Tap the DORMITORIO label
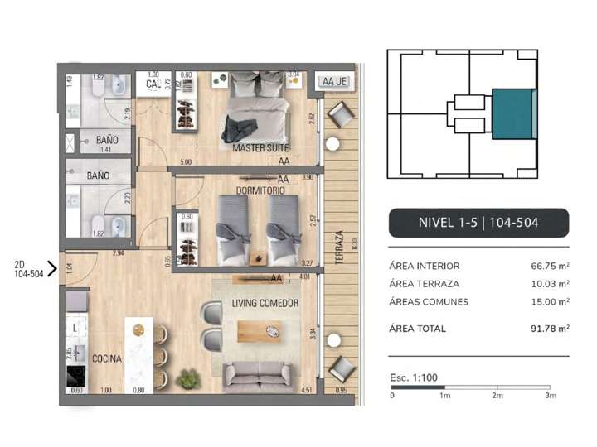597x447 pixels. point(260,190)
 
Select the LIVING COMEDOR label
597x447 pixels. point(265,303)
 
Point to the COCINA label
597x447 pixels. point(108,359)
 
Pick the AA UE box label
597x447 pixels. point(334,82)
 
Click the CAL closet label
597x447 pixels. point(153,84)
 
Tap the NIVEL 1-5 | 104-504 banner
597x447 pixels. point(478,223)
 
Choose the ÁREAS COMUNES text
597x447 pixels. point(428,302)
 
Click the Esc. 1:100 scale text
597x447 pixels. point(414,377)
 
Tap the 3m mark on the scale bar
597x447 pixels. point(550,396)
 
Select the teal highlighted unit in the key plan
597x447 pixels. point(512,114)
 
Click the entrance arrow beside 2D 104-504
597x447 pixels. point(51,268)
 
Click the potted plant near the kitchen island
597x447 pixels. point(189,379)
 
